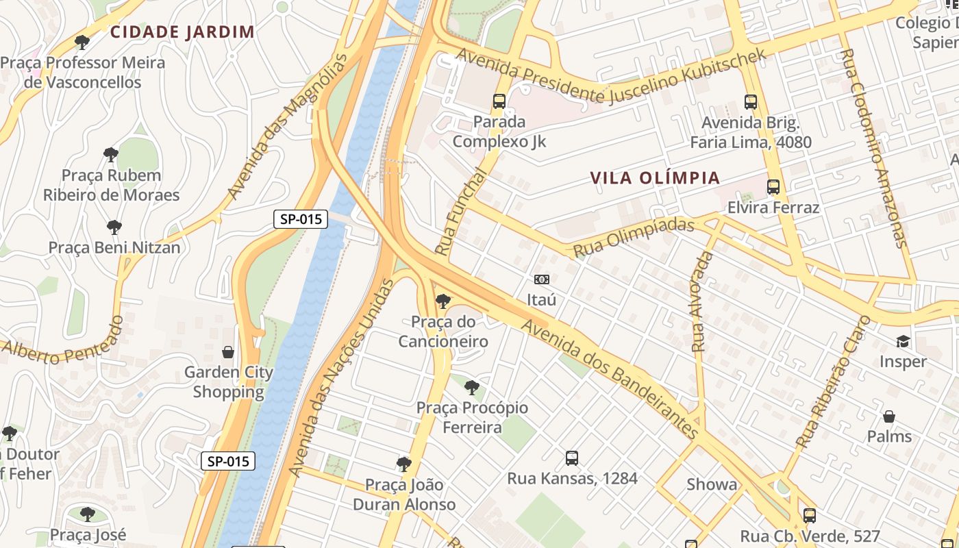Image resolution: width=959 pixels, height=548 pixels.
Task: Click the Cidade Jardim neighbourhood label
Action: tap(182, 32)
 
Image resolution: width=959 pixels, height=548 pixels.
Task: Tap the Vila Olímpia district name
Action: tap(655, 178)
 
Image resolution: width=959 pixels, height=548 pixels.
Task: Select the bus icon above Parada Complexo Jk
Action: tap(499, 101)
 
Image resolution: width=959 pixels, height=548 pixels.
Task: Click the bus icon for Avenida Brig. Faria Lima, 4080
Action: tap(751, 102)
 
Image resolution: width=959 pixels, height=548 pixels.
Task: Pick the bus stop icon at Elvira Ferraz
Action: tap(773, 186)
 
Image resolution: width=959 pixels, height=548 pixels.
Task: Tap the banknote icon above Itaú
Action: tap(541, 279)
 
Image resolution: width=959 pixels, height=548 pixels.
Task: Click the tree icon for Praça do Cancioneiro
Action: tap(443, 301)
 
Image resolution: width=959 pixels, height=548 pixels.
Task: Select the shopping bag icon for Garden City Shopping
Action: tap(228, 352)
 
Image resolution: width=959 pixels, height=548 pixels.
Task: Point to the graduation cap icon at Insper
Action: tap(904, 341)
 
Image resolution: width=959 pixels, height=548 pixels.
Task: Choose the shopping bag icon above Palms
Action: tap(889, 416)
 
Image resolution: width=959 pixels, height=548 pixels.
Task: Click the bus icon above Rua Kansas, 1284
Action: tap(572, 458)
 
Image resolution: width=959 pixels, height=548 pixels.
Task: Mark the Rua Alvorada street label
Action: tap(702, 301)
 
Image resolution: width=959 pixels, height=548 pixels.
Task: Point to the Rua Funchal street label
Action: tap(460, 212)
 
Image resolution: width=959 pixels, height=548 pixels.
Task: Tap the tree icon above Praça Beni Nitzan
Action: tap(114, 227)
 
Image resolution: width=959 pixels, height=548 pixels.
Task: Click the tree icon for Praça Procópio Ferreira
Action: tap(472, 387)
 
